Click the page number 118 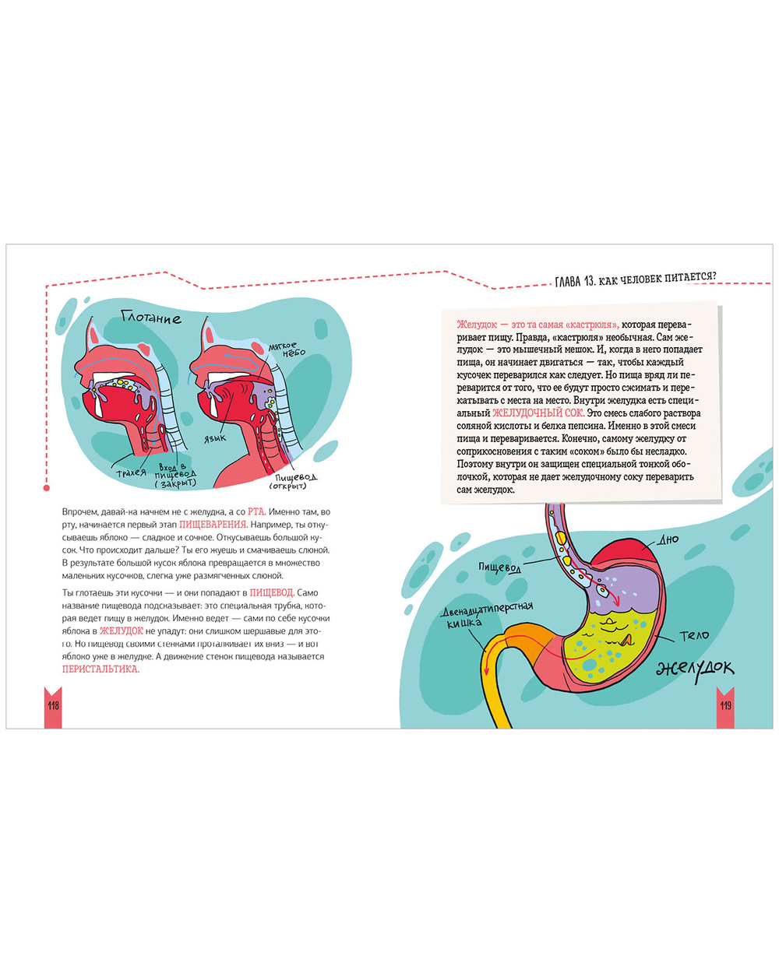53,705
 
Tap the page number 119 725,705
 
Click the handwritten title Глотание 151,318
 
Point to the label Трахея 131,472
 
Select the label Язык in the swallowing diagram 215,438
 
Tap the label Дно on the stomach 668,539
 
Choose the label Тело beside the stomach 694,635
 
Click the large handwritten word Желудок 695,667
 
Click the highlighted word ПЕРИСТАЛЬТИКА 100,669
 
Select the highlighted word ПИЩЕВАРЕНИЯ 213,525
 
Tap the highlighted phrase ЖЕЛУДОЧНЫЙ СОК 538,413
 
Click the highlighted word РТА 256,512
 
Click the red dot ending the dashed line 47,488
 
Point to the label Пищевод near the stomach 499,567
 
